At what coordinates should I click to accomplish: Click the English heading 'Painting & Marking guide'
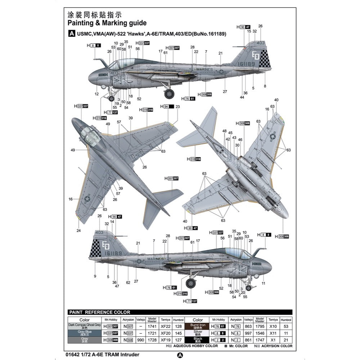pos(107,23)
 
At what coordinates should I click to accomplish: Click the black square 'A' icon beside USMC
pos(71,34)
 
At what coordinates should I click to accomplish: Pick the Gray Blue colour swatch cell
pos(85,333)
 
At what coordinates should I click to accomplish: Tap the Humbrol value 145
pos(178,333)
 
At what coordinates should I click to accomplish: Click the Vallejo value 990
pos(140,339)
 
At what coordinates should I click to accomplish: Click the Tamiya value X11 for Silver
pos(274,333)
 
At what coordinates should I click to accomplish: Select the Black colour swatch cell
pos(198,339)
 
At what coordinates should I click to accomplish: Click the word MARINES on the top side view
pos(204,69)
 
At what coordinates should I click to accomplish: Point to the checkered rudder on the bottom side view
pos(95,248)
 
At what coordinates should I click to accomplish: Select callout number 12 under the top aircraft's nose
pos(96,94)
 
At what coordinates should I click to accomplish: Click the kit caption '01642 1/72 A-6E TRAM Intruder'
pos(103,354)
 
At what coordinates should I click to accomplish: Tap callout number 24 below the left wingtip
pos(78,230)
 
